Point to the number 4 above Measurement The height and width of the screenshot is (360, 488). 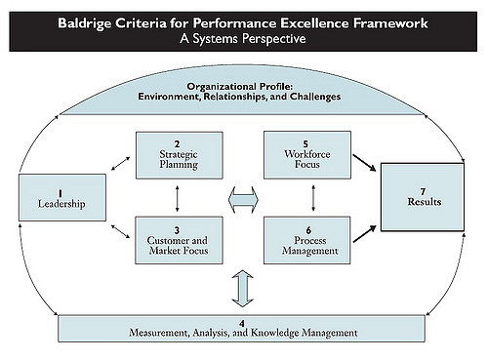tap(242, 323)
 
